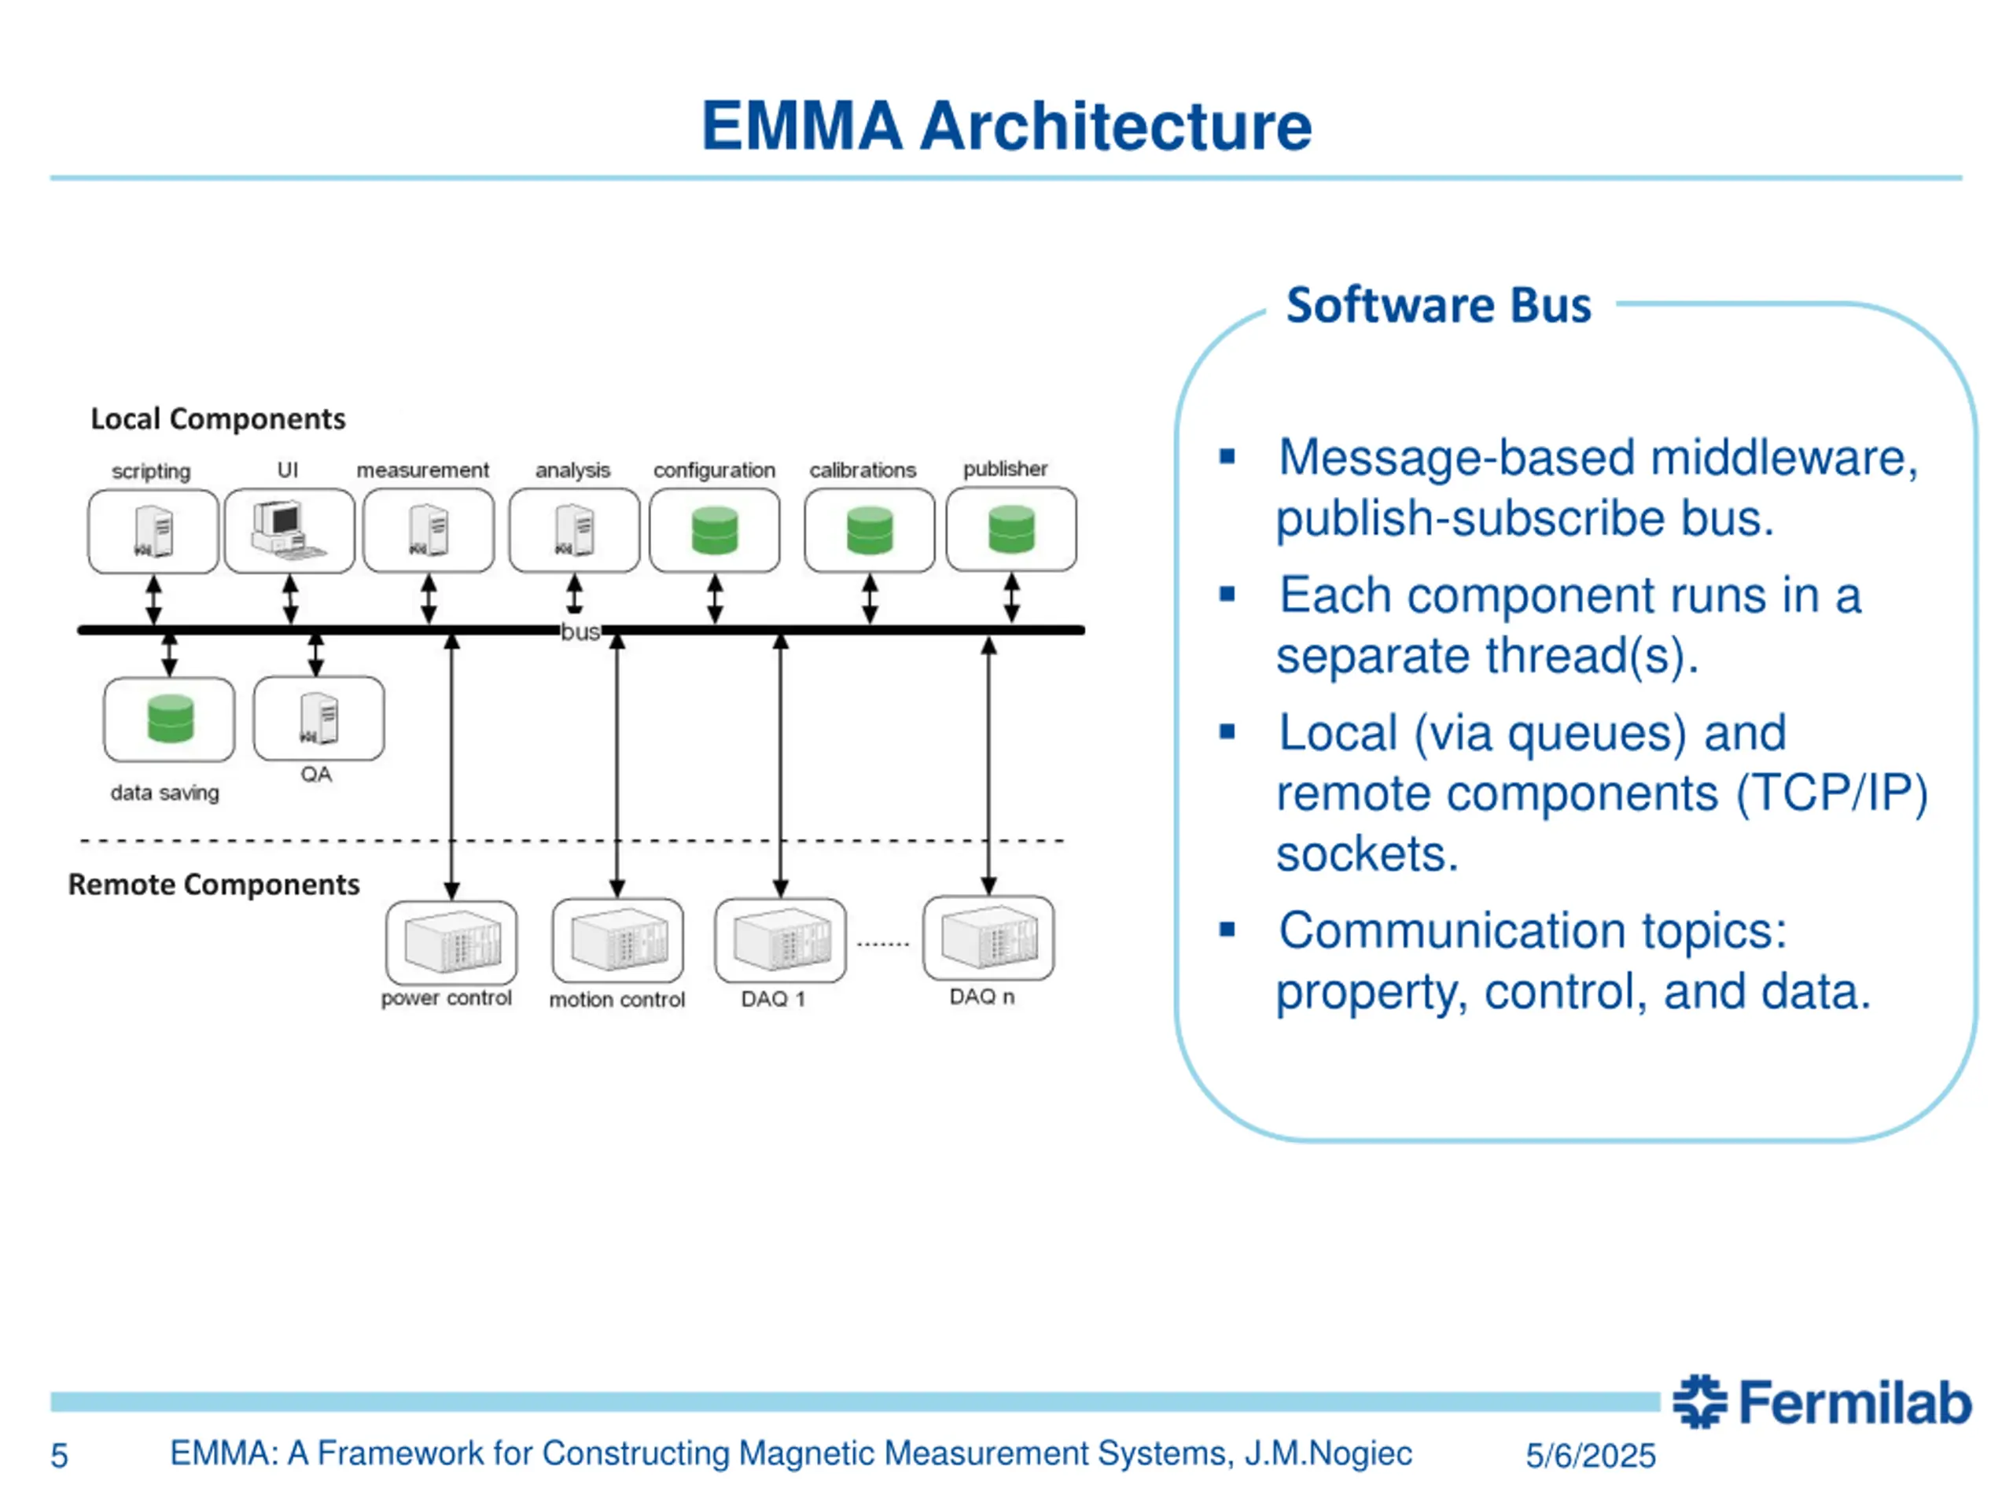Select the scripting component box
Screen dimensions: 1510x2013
coord(153,532)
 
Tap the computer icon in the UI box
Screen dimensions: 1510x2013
coord(288,531)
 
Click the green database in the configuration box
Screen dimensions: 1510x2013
coord(714,531)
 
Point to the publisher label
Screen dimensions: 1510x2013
coord(1006,469)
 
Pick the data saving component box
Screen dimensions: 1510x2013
coord(169,719)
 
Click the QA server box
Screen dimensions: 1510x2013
coord(318,718)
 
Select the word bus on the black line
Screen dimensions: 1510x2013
coord(580,632)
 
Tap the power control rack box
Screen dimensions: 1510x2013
coord(451,942)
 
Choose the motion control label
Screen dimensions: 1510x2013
coord(617,1000)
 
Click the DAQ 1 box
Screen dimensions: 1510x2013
coord(780,941)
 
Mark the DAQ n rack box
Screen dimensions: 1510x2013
coord(988,938)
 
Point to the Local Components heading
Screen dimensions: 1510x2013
coord(218,418)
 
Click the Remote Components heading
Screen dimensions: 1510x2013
coord(214,885)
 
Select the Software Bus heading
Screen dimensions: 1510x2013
coord(1439,305)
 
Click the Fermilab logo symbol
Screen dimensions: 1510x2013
coord(1699,1401)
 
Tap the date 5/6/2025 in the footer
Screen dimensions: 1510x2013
coord(1590,1456)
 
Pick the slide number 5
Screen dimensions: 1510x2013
coord(59,1457)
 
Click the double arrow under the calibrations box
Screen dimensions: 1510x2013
coord(870,599)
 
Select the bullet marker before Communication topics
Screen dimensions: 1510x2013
coord(1227,930)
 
